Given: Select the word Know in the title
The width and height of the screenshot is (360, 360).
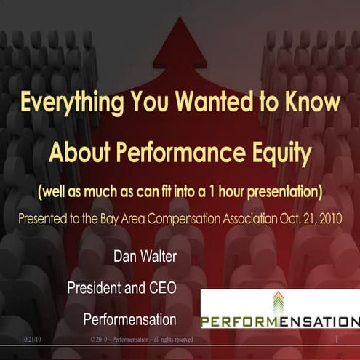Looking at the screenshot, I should click(309, 103).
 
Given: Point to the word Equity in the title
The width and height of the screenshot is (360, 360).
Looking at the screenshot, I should click(279, 153).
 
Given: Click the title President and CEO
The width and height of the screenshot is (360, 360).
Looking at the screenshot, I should click(122, 288).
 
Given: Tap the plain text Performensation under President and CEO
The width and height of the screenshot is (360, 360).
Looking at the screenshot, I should click(129, 319).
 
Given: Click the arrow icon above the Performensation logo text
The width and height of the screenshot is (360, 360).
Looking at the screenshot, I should click(279, 302).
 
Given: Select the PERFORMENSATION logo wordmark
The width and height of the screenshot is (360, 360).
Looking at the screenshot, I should click(280, 321).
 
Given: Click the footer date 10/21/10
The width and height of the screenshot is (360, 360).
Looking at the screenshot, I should click(31, 340).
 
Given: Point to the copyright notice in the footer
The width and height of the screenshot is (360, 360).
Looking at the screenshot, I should click(141, 340).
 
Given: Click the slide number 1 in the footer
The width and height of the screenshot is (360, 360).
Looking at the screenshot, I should click(337, 340).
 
